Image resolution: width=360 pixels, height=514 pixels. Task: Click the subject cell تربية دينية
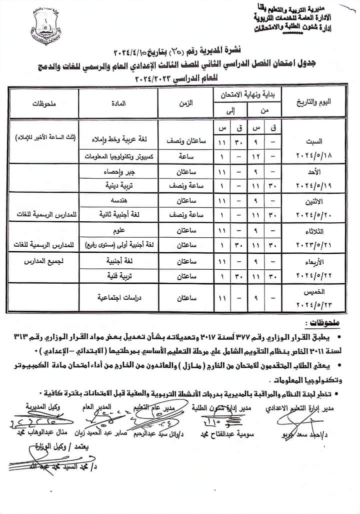[119, 185]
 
